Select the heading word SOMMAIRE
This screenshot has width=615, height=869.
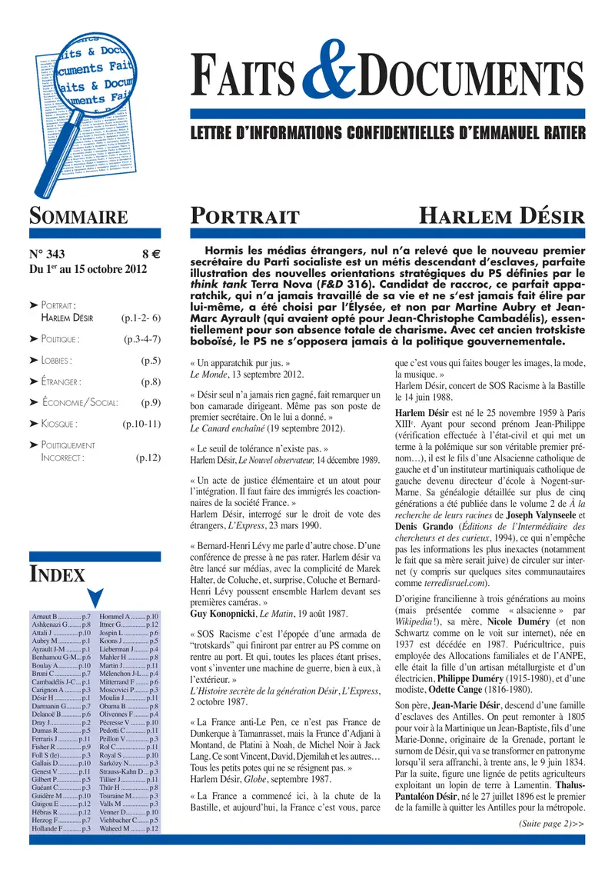point(77,217)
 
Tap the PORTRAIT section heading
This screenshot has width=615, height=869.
point(244,217)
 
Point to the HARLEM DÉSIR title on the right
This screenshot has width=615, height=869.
point(500,217)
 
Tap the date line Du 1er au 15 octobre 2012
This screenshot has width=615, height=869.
point(88,270)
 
